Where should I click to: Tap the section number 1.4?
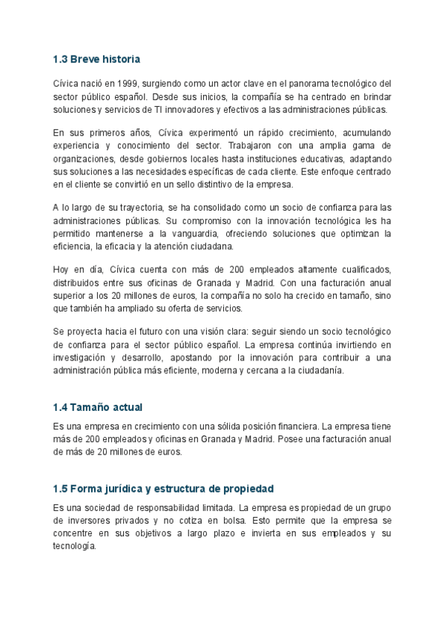[61, 407]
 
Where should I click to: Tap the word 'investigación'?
[82, 358]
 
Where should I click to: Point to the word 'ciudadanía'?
[320, 370]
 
